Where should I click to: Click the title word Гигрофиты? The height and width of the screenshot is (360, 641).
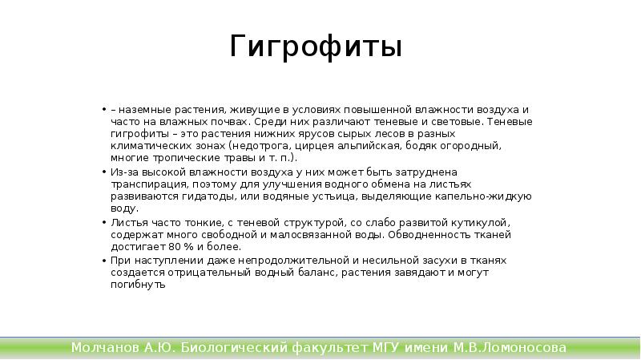(316, 47)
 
